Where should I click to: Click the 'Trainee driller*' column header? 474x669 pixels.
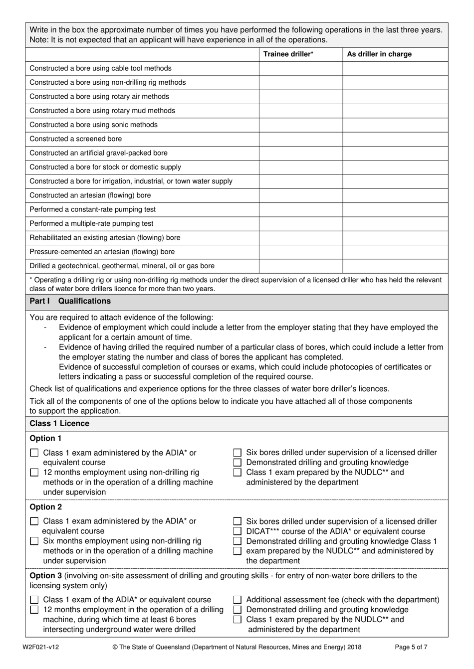pos(288,54)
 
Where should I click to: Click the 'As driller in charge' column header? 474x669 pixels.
pos(379,54)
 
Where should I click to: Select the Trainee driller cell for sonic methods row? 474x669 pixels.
pos(300,125)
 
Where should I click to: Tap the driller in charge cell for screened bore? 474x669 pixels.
pos(395,139)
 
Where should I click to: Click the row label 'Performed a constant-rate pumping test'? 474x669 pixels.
pos(93,209)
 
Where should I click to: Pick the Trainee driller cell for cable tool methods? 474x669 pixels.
pos(300,68)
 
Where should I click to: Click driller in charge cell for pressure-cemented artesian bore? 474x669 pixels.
pos(395,252)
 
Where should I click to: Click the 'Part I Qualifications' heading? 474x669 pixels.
pos(70,301)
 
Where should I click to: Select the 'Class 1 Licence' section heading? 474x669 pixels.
pos(59,424)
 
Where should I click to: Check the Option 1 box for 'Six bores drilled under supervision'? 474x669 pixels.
pos(237,453)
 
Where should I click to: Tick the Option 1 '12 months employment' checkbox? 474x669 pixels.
pos(34,473)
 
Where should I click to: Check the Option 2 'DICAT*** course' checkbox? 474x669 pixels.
pos(237,531)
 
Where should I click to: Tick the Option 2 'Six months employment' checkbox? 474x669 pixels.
pos(34,541)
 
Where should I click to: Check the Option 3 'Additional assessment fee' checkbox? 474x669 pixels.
pos(237,600)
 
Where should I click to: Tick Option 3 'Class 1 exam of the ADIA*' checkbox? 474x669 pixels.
pos(34,600)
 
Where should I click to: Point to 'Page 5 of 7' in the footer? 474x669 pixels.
pos(411,648)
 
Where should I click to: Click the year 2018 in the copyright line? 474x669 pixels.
pos(353,648)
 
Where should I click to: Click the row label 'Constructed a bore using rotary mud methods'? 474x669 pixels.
pos(102,111)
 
